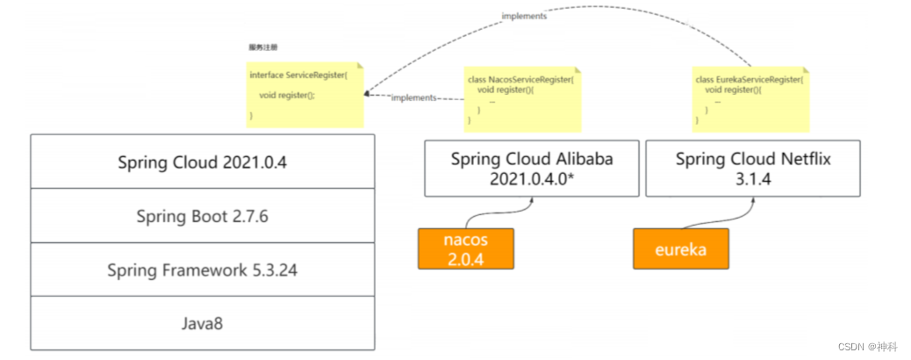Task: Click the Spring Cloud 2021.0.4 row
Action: click(x=202, y=162)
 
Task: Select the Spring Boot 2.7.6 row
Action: click(x=202, y=216)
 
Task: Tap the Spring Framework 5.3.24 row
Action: click(x=202, y=270)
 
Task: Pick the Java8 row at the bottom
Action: click(x=202, y=323)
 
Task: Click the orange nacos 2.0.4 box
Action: click(x=465, y=248)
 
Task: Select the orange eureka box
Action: click(x=680, y=248)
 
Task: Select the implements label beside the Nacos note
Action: click(x=413, y=97)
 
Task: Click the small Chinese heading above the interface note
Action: click(x=263, y=47)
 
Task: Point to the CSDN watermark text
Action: click(x=867, y=347)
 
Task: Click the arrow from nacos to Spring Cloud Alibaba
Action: click(x=500, y=212)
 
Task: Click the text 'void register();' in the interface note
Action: click(x=286, y=95)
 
